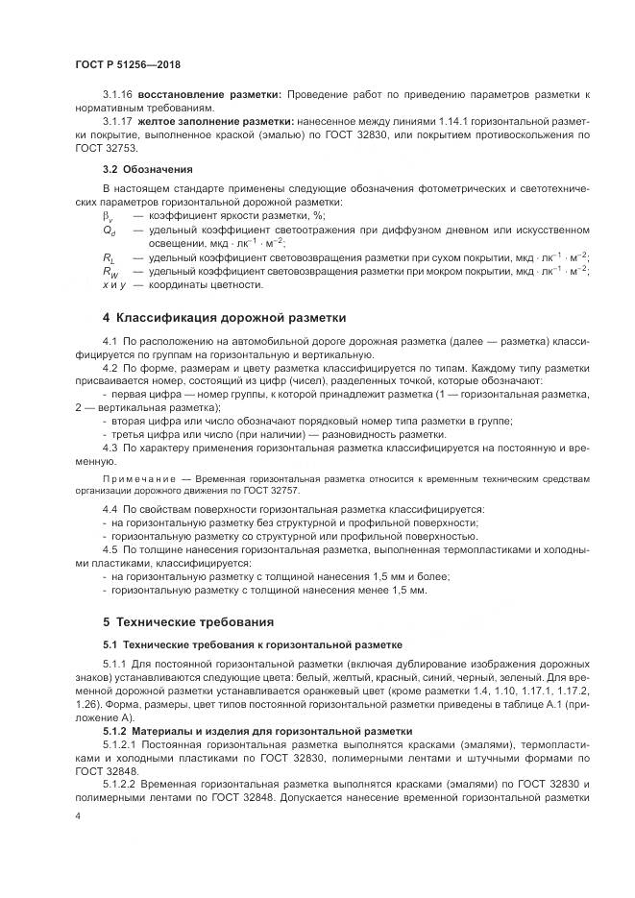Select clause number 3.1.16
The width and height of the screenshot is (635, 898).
117,95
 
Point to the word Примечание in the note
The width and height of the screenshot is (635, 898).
133,476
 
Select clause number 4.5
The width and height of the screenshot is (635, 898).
109,548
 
